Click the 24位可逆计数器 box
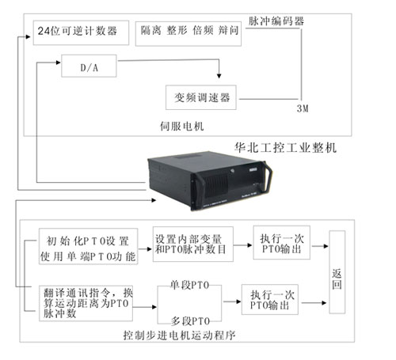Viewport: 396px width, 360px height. (x=81, y=32)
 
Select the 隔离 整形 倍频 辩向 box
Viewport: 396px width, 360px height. (x=188, y=34)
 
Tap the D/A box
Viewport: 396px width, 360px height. (x=89, y=66)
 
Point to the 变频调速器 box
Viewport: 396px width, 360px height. (x=201, y=97)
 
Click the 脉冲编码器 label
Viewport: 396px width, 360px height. (x=276, y=21)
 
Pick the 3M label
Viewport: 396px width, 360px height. (x=303, y=108)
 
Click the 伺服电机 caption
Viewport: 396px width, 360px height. (x=182, y=127)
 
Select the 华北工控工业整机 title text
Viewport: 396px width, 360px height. (x=285, y=147)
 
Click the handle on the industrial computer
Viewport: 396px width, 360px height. (x=267, y=177)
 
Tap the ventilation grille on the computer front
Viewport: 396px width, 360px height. (x=216, y=186)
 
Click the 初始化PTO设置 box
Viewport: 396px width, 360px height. (x=88, y=246)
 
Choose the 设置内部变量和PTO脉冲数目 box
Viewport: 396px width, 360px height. (x=193, y=244)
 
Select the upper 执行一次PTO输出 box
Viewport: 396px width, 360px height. (x=282, y=242)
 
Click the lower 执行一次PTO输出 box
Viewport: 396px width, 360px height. (x=270, y=299)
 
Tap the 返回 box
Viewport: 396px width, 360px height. (x=337, y=272)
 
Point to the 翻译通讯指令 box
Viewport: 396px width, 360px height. (x=86, y=303)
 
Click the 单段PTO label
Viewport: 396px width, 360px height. (x=189, y=285)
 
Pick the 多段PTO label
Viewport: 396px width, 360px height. (x=190, y=321)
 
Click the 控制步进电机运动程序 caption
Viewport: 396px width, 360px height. (x=179, y=335)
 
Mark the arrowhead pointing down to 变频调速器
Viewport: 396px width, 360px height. (x=219, y=76)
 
